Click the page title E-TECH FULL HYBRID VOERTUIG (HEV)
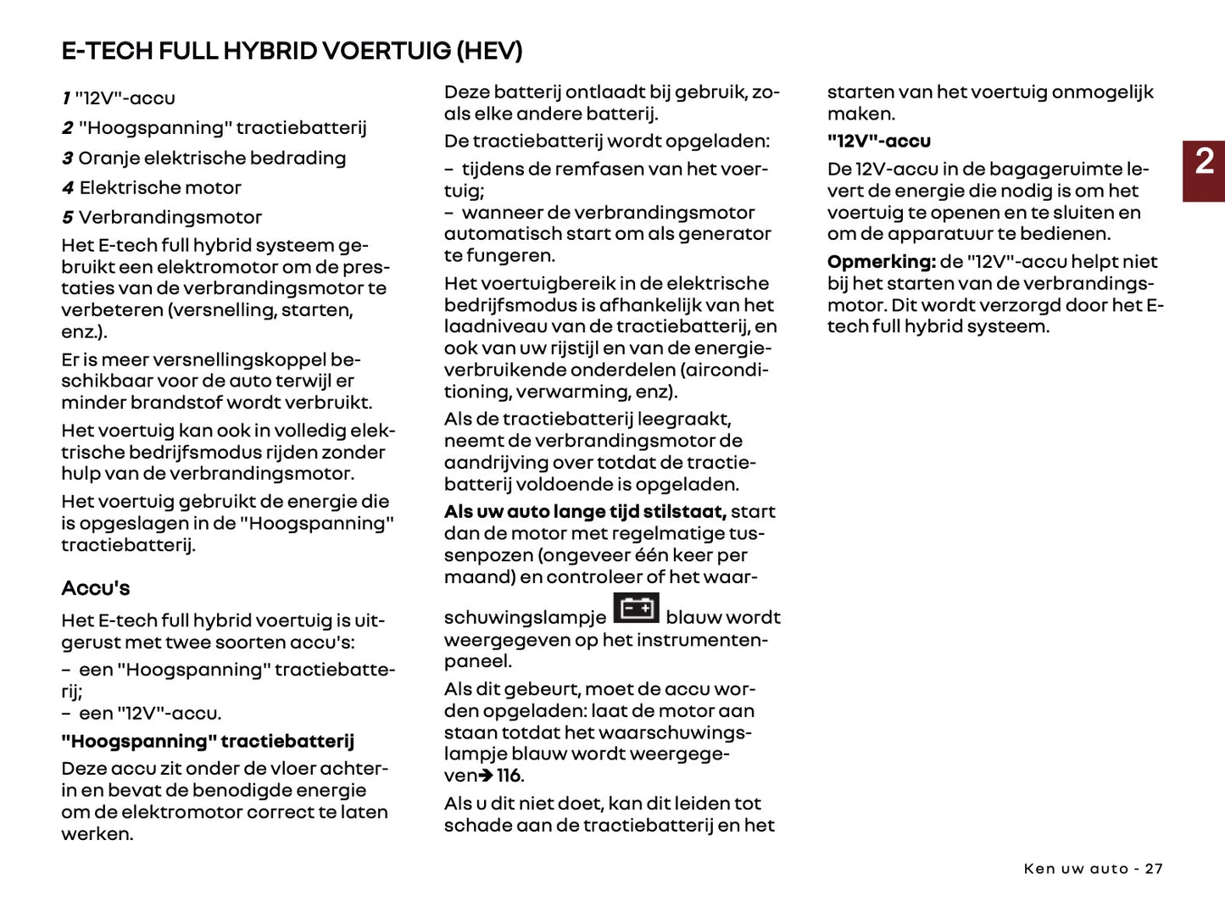(292, 51)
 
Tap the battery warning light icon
(636, 609)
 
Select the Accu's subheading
(96, 588)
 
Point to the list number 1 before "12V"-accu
(66, 98)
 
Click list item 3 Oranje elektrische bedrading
(203, 159)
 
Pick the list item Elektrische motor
(160, 188)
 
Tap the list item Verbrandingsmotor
(170, 218)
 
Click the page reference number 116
(509, 776)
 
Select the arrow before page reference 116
(486, 776)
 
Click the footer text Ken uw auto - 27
(1093, 869)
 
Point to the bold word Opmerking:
(881, 262)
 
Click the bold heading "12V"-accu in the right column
(879, 142)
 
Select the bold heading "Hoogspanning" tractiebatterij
(208, 742)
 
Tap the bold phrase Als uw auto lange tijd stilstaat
(585, 512)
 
